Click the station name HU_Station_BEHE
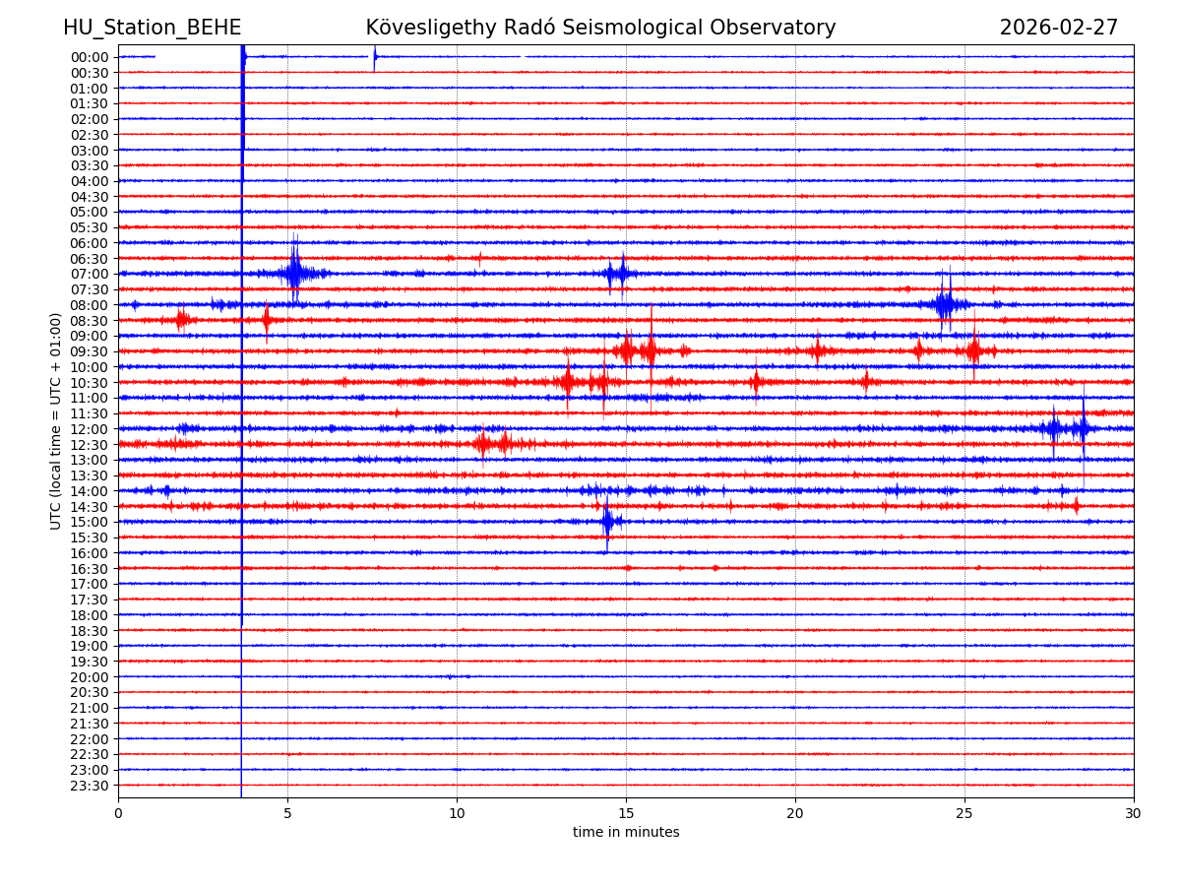[x=152, y=29]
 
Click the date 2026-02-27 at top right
[x=1058, y=29]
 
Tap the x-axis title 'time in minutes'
[x=626, y=833]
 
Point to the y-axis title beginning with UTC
[x=56, y=420]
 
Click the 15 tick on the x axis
[x=626, y=813]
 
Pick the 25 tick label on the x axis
[x=964, y=813]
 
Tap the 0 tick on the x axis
[x=118, y=813]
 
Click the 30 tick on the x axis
[x=1134, y=813]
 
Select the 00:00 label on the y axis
[x=90, y=57]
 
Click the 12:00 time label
[x=90, y=429]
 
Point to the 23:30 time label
[x=90, y=786]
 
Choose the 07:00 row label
[x=90, y=274]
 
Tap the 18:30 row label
[x=90, y=630]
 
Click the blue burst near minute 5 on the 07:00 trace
[x=293, y=273]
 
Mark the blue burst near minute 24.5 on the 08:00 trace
[x=945, y=304]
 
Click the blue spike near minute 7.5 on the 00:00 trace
[x=374, y=57]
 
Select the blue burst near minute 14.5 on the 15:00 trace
[x=607, y=521]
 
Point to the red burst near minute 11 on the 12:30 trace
[x=483, y=444]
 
